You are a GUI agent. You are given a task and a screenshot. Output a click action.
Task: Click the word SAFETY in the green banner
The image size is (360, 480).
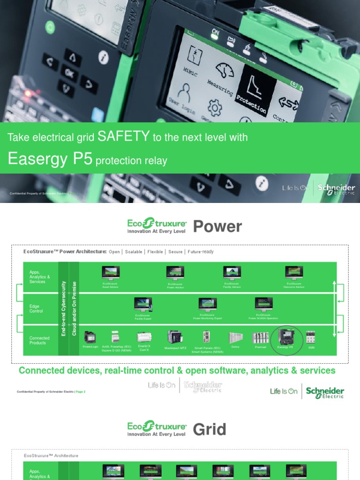[123, 136]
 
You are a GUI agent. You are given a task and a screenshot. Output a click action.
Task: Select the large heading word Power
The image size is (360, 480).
[217, 227]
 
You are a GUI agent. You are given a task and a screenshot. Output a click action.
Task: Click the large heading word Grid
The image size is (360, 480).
[210, 429]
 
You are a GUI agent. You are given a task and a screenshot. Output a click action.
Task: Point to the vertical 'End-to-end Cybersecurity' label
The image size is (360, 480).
[64, 308]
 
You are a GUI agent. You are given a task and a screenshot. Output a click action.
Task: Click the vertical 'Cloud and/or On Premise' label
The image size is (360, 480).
[74, 308]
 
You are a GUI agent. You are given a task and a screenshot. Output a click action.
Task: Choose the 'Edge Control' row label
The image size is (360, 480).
[36, 308]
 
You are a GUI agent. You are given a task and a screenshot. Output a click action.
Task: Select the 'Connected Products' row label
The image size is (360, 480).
[39, 340]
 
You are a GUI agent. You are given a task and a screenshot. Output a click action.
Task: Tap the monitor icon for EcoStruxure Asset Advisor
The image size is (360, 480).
[111, 273]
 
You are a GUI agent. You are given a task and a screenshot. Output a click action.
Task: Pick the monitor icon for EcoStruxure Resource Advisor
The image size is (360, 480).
[294, 273]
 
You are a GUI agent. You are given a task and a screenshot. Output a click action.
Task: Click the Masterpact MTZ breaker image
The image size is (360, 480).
[175, 337]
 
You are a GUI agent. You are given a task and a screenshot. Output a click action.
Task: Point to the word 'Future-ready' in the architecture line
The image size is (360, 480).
[201, 252]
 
